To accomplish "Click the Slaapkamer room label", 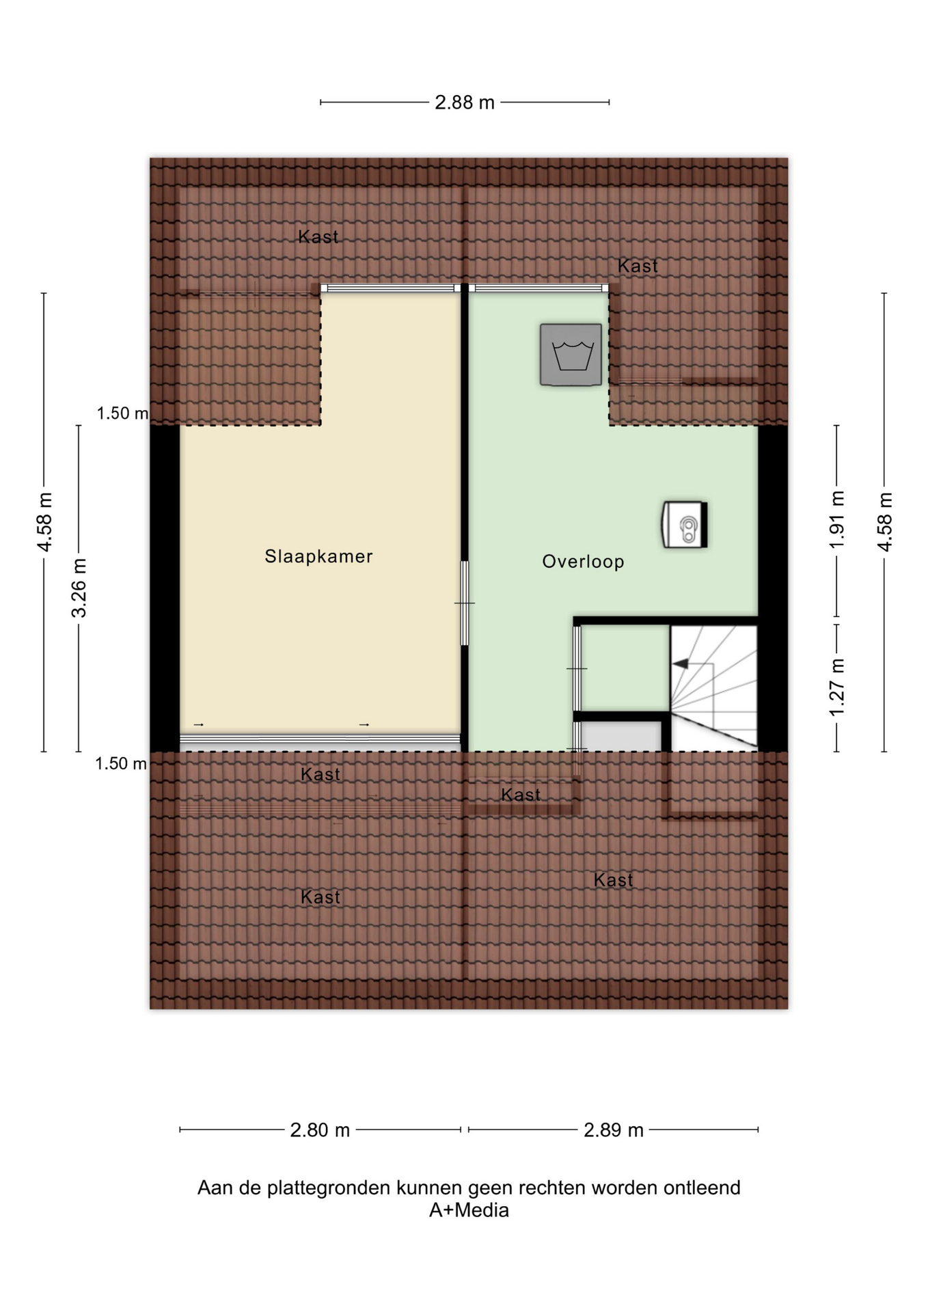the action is click(318, 556).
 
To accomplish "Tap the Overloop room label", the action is click(583, 562).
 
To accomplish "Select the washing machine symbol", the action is click(571, 355).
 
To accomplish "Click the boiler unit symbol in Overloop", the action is click(684, 525).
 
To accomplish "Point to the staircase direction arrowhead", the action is click(681, 664).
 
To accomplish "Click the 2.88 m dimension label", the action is click(465, 102).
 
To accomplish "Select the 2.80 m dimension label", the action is click(320, 1130).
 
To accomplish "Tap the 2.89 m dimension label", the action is click(613, 1130).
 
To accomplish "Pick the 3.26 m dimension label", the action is click(79, 588).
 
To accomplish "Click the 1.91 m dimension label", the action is click(837, 519).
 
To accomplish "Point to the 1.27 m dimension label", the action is click(837, 687).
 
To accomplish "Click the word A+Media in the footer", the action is click(469, 1210).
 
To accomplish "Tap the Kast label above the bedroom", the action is click(318, 237).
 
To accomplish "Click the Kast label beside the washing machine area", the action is click(638, 266).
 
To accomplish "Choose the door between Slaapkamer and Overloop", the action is click(465, 603).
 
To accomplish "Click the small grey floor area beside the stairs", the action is click(621, 736).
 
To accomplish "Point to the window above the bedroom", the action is click(390, 288).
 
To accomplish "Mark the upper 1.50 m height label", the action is click(122, 413).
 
